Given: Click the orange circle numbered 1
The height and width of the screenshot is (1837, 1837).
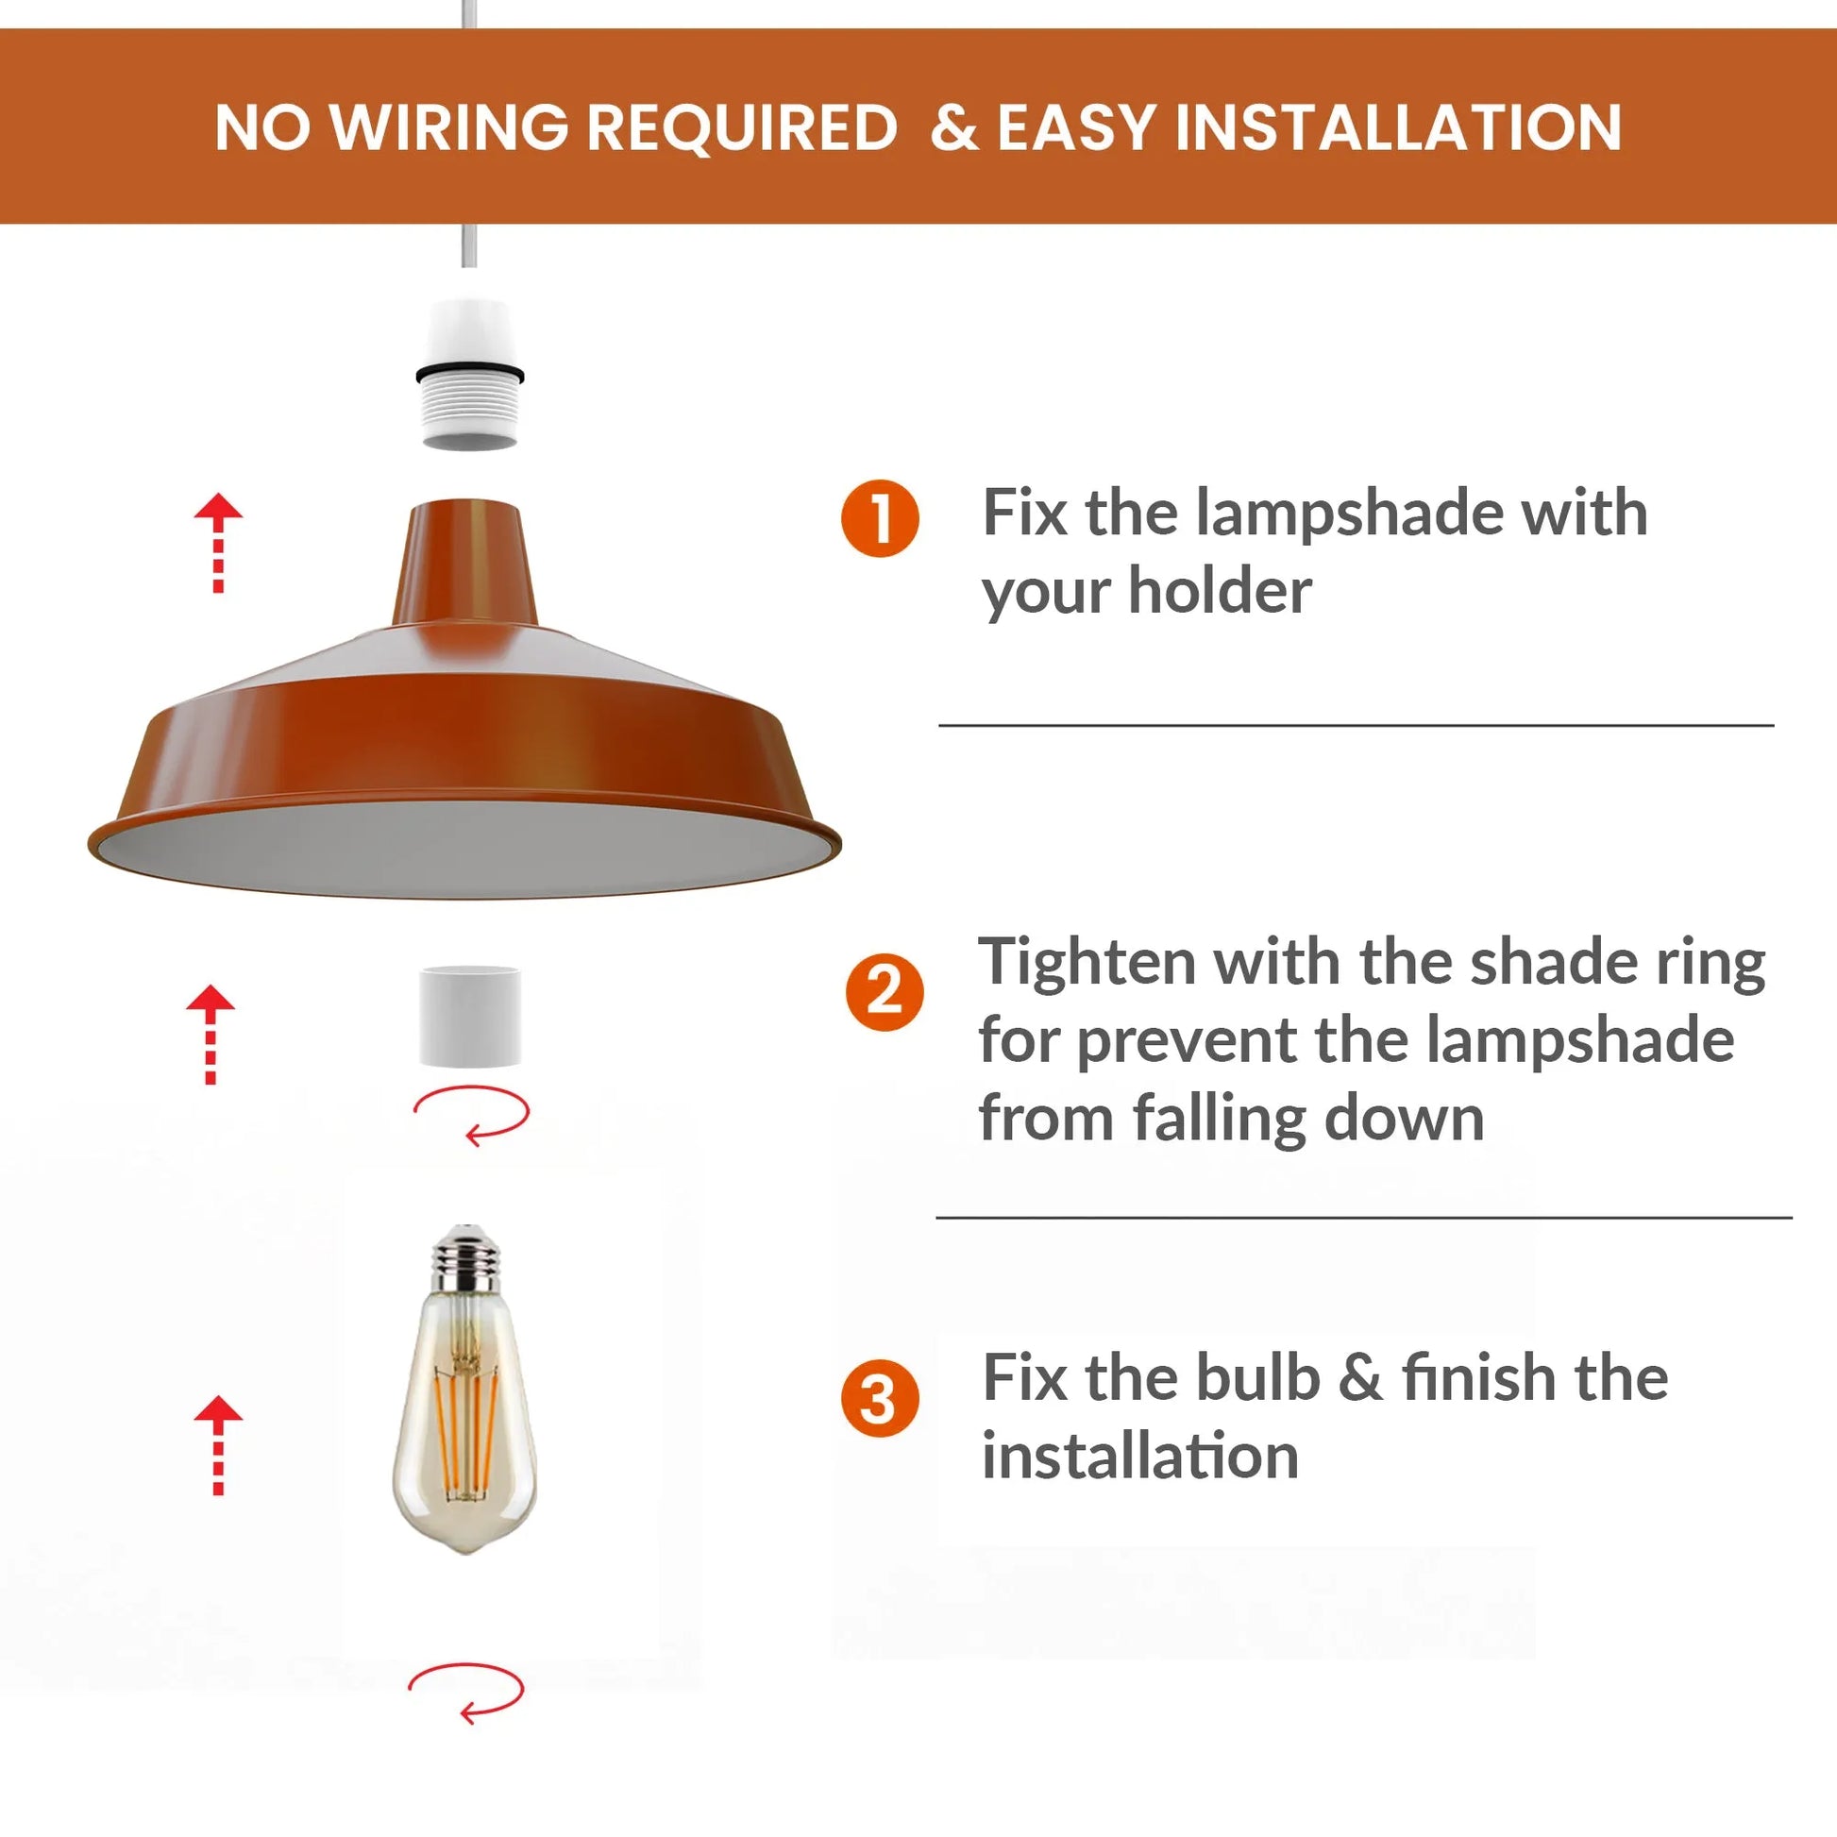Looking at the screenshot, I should coord(880,518).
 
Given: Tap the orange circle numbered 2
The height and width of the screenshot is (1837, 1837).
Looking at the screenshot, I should coord(885,993).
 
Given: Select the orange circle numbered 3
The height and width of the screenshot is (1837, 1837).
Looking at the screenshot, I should coord(880,1399).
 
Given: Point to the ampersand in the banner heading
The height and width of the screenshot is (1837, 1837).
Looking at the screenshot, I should coord(953,127).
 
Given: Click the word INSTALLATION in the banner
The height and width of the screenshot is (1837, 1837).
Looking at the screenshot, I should coord(1398,127).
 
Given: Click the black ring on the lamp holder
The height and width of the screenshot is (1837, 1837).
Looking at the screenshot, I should coord(470,372).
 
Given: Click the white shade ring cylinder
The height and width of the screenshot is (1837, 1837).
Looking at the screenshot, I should coord(470,1016).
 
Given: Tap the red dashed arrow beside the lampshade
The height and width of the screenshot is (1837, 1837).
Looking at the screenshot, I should coord(219,543).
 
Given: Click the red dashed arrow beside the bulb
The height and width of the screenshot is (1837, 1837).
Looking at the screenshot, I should coord(219,1444).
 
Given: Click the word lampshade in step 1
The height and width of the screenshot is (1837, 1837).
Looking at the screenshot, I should coord(1349,514).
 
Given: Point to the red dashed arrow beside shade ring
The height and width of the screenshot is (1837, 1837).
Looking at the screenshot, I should coord(211,1034).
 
